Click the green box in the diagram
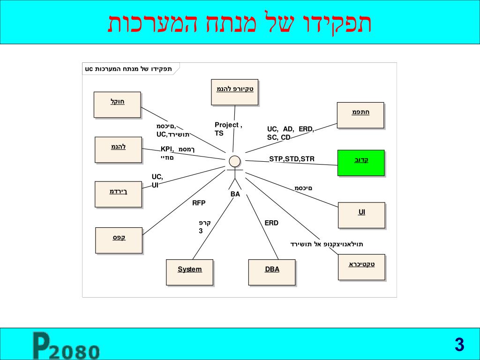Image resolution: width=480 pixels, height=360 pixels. [360, 163]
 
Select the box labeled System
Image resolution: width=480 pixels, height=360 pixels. [189, 272]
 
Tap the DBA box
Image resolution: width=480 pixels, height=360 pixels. [272, 272]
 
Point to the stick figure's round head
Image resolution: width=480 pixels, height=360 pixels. [235, 161]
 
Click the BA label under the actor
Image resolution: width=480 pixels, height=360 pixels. [235, 194]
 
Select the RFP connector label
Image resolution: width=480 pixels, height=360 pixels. [199, 203]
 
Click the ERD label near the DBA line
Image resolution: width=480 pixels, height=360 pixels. [271, 223]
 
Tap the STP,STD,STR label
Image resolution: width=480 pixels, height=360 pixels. [292, 159]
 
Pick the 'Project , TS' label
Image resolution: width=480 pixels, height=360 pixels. [228, 129]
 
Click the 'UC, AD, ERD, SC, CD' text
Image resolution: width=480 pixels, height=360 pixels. [290, 133]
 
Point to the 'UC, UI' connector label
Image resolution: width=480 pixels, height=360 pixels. [157, 180]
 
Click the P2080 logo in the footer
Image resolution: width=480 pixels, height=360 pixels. [66, 346]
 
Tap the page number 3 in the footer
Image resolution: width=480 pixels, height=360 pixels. [459, 345]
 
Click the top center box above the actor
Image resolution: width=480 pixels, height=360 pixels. [234, 92]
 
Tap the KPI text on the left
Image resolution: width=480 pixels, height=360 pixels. [167, 149]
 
